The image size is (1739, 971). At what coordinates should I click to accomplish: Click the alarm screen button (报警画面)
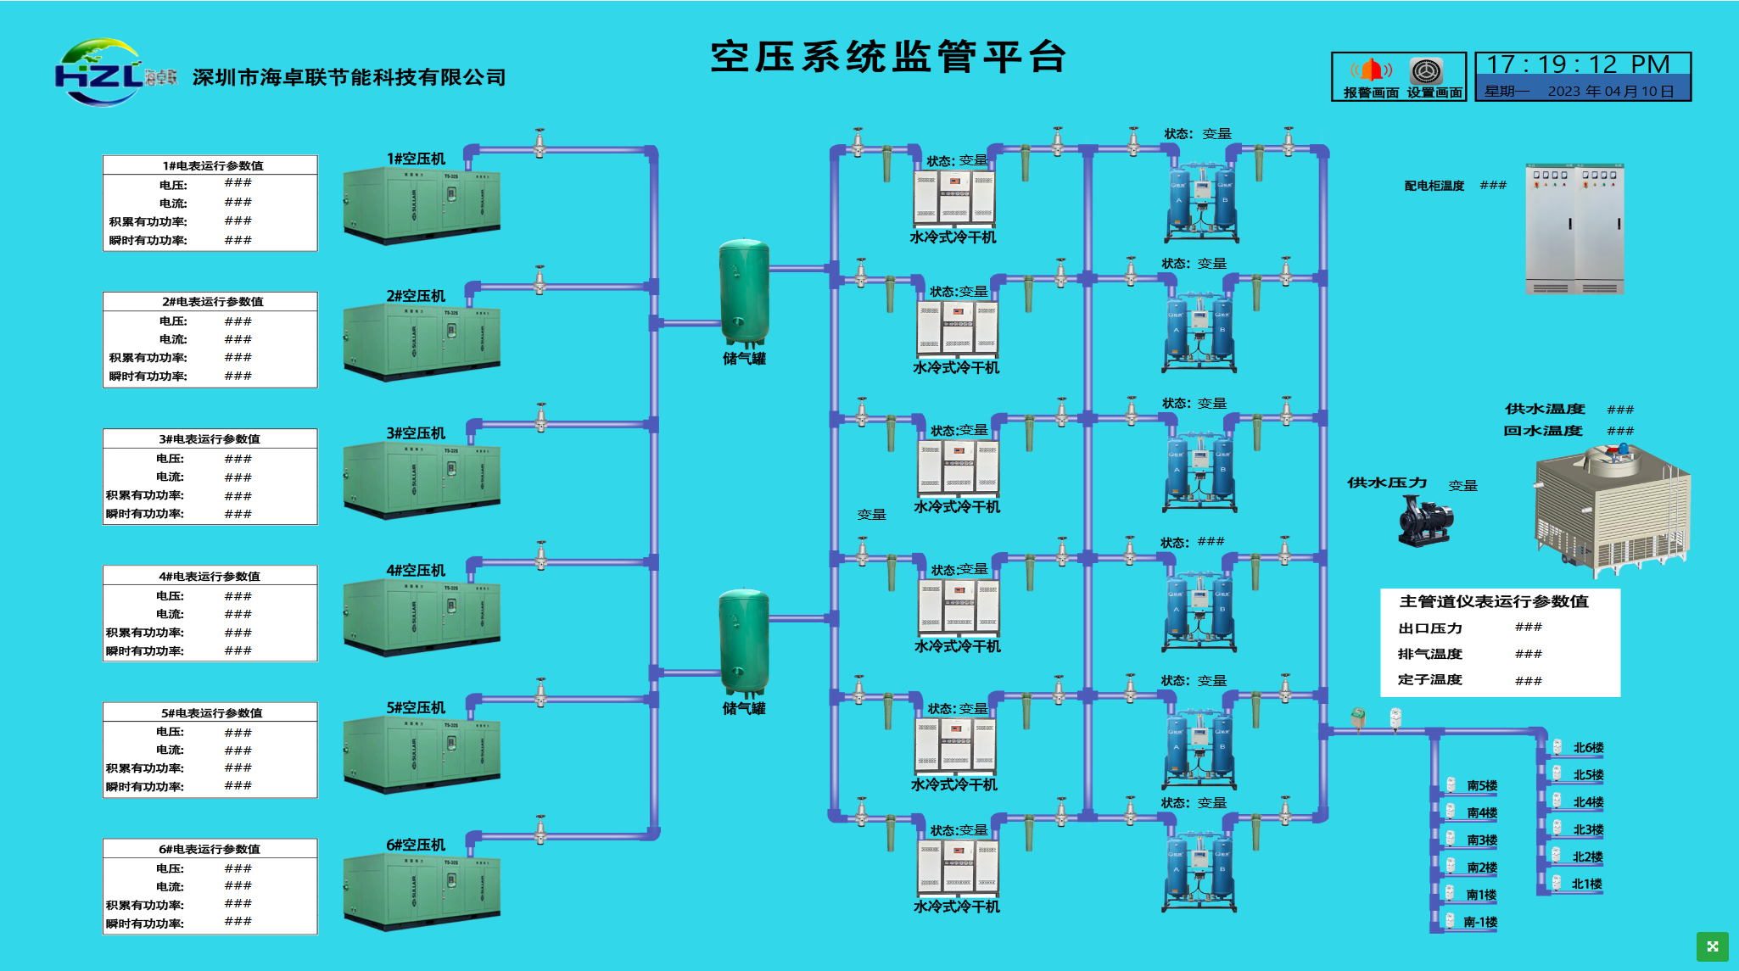pos(1371,77)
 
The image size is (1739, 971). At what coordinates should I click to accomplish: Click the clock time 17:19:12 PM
pos(1578,64)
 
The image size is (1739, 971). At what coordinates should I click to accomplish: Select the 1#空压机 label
pos(416,159)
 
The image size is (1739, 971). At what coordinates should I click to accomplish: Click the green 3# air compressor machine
pos(422,479)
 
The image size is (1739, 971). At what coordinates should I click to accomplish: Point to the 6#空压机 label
pos(416,845)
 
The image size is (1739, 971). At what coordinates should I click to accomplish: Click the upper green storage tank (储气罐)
pos(744,293)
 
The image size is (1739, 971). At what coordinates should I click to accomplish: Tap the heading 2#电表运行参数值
pos(212,302)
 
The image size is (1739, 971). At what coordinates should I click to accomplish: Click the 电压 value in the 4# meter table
pos(238,596)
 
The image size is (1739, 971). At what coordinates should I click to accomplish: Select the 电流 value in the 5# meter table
pos(238,751)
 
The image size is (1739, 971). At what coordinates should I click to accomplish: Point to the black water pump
pos(1424,522)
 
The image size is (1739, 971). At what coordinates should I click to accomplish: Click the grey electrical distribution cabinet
pos(1574,229)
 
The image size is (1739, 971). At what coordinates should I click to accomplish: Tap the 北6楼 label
pos(1588,748)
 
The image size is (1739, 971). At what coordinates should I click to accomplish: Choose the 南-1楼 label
pos(1480,922)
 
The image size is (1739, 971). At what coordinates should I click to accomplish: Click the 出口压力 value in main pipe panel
pos(1528,628)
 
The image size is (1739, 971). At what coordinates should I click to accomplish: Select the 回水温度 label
pos(1543,431)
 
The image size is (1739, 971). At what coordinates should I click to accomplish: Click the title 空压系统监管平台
pos(887,58)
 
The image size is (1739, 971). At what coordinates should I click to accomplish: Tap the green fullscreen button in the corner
pos(1712,946)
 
